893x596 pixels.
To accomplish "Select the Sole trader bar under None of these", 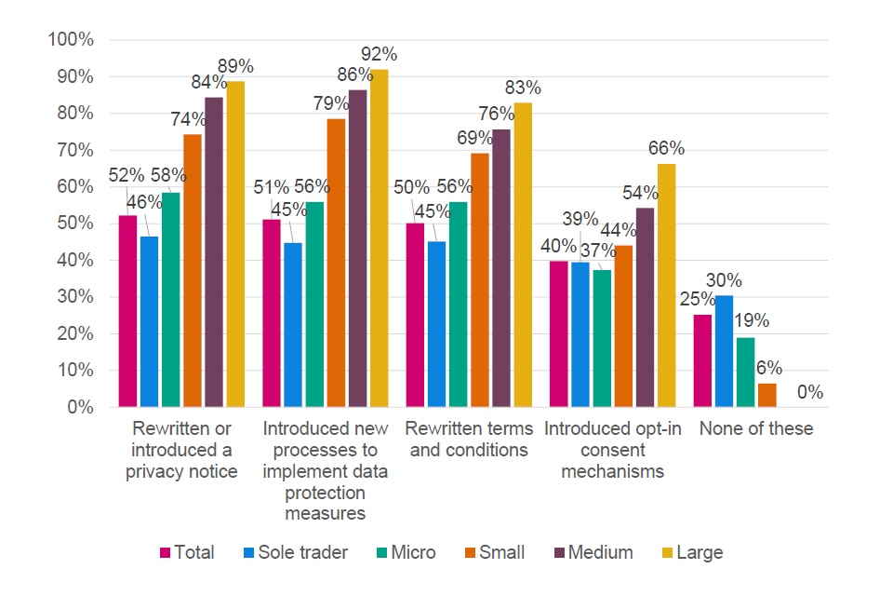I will point(725,351).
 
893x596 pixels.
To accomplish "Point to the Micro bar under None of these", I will point(746,372).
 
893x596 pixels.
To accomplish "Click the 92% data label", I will point(380,54).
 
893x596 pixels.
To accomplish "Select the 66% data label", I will point(666,148).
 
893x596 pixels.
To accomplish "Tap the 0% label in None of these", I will point(809,394).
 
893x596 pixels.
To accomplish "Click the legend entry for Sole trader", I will point(294,552).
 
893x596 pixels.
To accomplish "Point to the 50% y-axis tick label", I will point(73,223).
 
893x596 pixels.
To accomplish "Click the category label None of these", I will point(756,429).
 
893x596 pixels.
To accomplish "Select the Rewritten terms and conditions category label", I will point(469,440).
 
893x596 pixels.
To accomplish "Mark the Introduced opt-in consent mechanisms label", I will point(613,450).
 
